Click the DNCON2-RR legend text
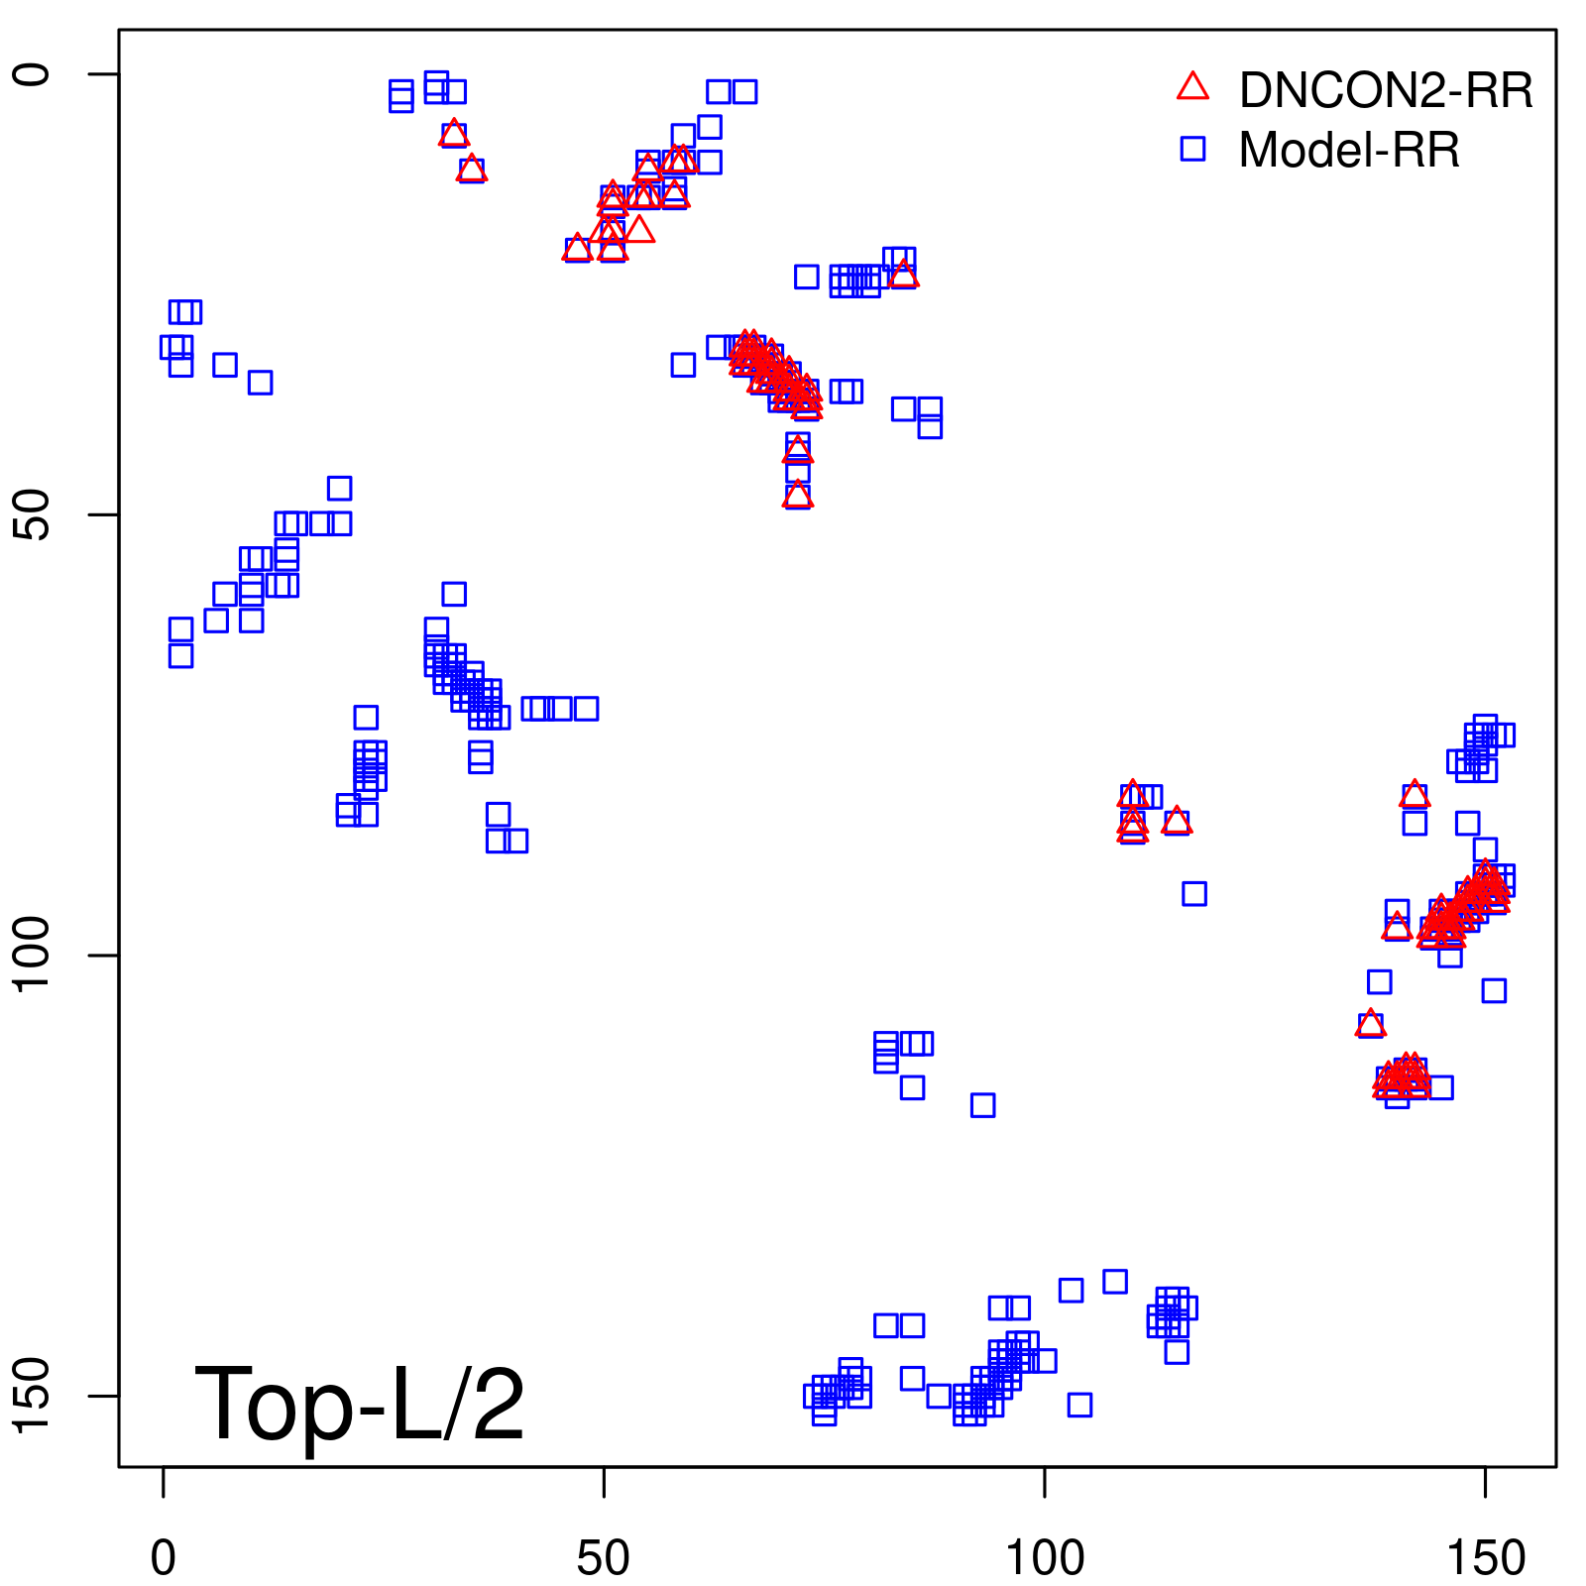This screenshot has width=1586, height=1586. pos(1385,91)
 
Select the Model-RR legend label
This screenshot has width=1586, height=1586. pos(1348,151)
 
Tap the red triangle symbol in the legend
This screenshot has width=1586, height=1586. pos(1192,87)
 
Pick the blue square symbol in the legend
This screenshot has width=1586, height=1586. pos(1192,149)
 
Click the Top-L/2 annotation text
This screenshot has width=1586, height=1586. pos(359,1404)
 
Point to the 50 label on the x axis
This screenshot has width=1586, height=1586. pos(603,1559)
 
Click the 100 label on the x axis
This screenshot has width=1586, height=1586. pos(1044,1559)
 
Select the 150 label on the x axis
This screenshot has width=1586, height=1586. pos(1485,1559)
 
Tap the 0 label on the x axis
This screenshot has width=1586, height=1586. pos(164,1559)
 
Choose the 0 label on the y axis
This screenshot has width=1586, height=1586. pos(33,74)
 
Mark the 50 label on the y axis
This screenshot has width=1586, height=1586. pos(33,514)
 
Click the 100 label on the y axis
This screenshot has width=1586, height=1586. pos(33,955)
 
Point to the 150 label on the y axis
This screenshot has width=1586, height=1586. pos(33,1396)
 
